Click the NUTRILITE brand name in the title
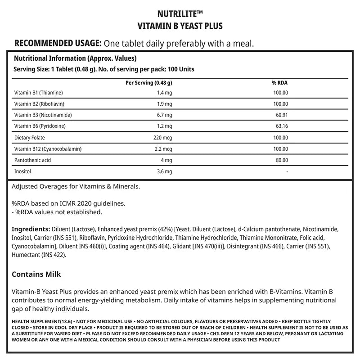click(180, 14)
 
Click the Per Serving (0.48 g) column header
click(148, 83)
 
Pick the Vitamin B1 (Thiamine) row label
click(39, 93)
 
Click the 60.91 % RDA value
click(281, 115)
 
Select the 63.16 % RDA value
click(281, 126)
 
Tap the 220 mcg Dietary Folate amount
click(163, 138)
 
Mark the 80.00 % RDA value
click(281, 160)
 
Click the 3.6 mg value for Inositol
click(165, 171)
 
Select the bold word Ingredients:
click(31, 229)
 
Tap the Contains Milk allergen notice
click(36, 274)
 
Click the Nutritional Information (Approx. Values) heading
click(75, 58)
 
